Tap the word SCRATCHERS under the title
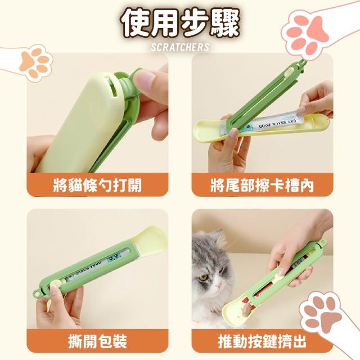[x=180, y=47]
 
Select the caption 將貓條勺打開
[x=97, y=185]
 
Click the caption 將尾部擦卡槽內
[x=262, y=185]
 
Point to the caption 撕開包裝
[x=97, y=341]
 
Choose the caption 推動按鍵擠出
[x=262, y=341]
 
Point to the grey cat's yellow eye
[x=202, y=277]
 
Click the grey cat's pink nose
[x=219, y=286]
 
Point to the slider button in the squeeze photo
[x=281, y=274]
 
